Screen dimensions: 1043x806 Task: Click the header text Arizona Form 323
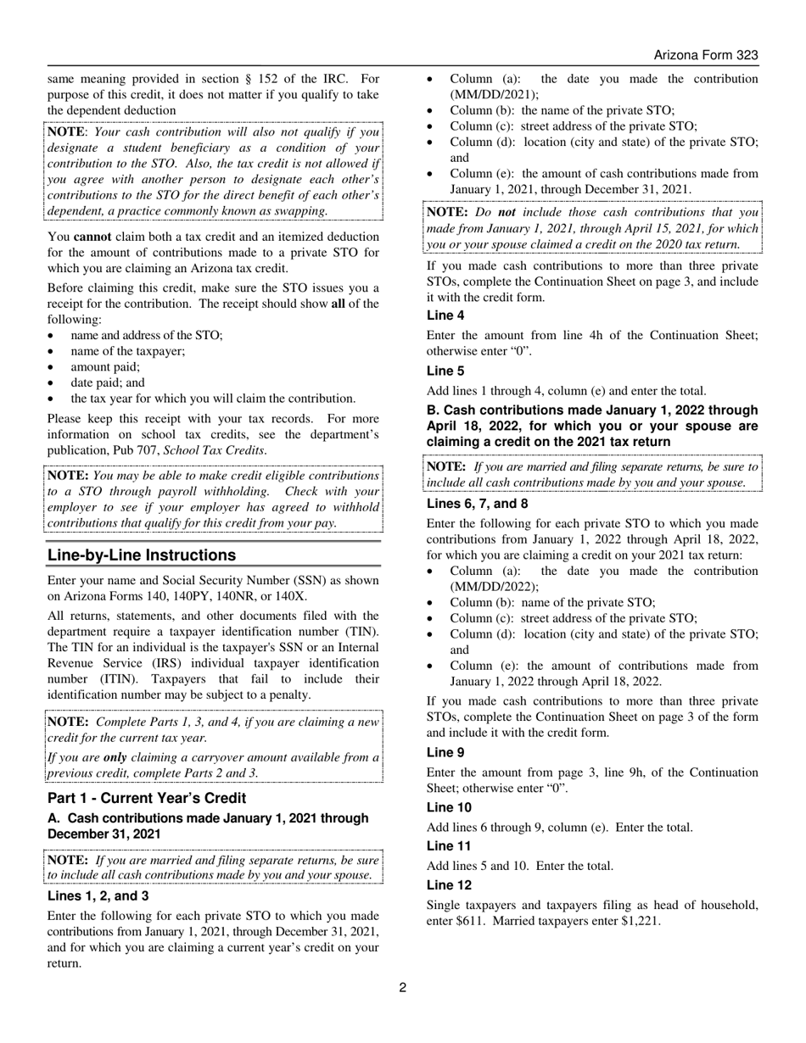705,55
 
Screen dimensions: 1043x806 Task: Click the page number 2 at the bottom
403,987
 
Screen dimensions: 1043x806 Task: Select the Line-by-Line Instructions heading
142,555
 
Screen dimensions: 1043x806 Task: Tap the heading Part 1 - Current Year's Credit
147,799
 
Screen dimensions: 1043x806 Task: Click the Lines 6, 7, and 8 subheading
477,503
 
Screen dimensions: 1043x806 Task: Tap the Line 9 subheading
445,752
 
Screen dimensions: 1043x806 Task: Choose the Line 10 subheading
449,807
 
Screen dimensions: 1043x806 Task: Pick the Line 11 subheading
449,845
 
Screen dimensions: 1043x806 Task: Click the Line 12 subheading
449,884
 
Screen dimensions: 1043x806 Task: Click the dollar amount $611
476,921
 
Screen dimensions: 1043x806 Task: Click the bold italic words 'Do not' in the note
495,213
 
